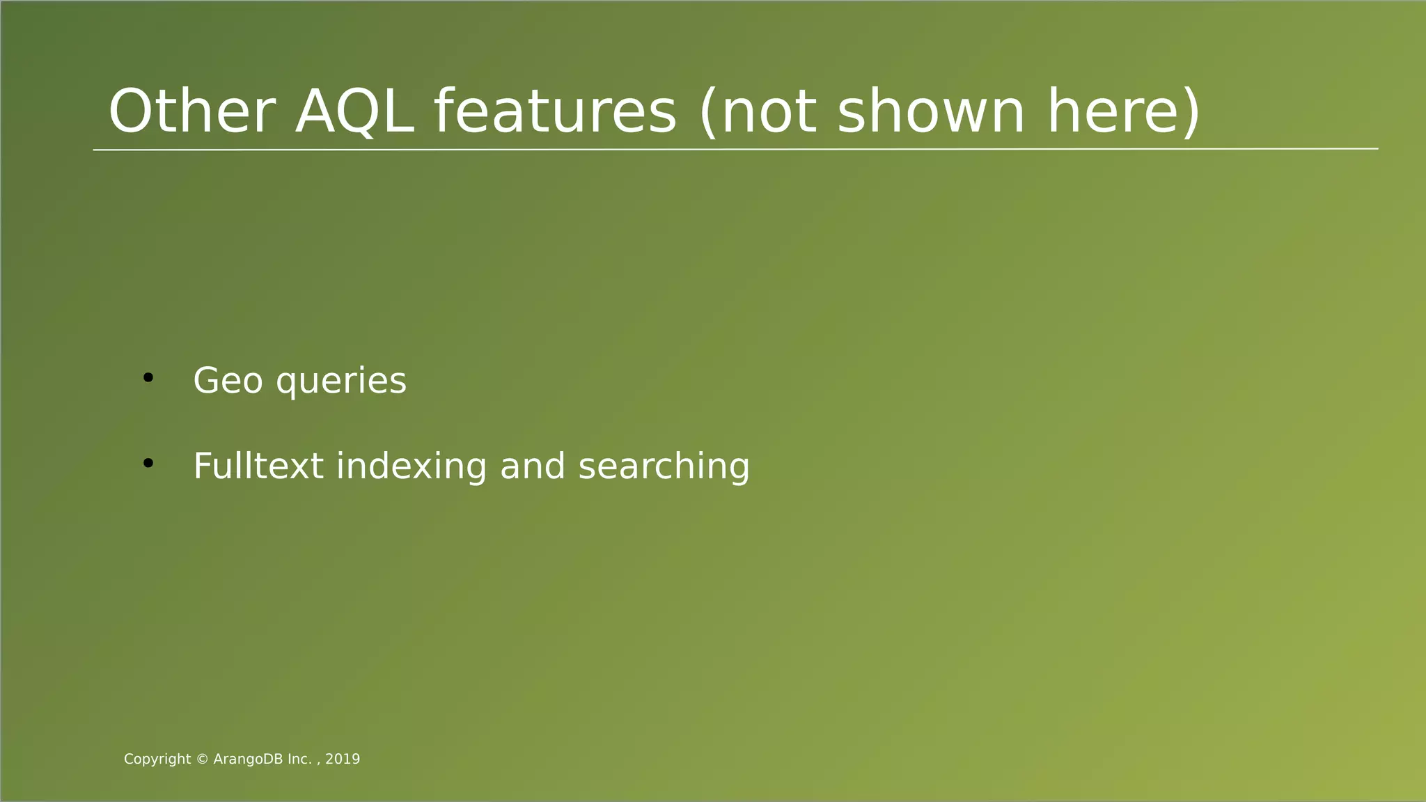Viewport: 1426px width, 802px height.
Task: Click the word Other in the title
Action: point(192,112)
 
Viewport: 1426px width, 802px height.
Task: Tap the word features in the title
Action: point(555,112)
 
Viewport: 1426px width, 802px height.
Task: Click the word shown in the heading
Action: point(931,112)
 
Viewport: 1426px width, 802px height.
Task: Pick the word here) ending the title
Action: point(1124,112)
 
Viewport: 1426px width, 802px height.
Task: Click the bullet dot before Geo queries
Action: point(148,378)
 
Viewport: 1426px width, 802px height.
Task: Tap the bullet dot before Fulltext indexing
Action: point(148,463)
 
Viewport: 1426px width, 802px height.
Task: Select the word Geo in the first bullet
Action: point(228,381)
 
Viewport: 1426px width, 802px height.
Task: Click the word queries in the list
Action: point(341,382)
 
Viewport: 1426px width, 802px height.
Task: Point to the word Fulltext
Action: point(258,466)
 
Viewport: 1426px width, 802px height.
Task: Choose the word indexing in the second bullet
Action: point(412,466)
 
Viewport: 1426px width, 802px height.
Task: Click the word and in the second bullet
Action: point(533,466)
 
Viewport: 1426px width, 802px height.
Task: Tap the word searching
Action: point(664,466)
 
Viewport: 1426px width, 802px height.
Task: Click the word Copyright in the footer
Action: point(157,760)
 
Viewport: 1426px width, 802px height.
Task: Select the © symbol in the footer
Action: point(203,760)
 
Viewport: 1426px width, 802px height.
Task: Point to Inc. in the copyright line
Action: point(300,760)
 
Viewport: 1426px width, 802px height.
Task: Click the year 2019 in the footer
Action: point(343,760)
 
